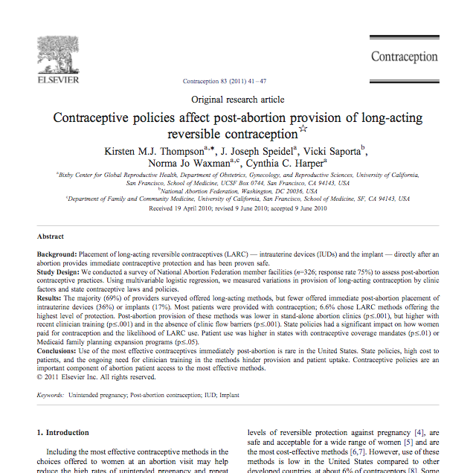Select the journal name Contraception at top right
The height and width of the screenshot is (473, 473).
(x=404, y=57)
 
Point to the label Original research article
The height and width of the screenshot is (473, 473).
(x=237, y=99)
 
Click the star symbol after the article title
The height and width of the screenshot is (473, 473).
(x=303, y=130)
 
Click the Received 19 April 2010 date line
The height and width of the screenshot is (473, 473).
(x=237, y=209)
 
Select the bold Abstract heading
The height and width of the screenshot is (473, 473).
(x=51, y=236)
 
